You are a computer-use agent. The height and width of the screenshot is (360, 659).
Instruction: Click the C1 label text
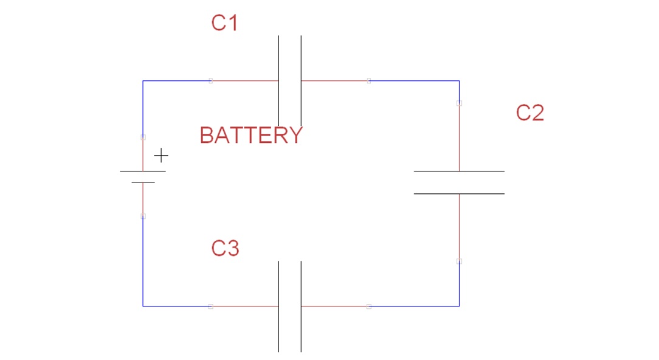(224, 23)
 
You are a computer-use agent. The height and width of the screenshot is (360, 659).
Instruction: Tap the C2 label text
(530, 113)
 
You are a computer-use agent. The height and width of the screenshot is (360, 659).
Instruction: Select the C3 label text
(225, 248)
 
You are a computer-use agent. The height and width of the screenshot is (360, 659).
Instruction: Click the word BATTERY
(251, 135)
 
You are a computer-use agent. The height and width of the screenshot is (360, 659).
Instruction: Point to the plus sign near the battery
(160, 156)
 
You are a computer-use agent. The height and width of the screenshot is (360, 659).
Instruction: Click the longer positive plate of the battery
(143, 171)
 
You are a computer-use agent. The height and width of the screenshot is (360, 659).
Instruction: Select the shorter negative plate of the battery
(143, 182)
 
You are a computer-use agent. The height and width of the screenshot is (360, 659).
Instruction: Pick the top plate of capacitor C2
(459, 171)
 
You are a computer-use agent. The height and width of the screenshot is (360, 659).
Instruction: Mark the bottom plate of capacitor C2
(459, 193)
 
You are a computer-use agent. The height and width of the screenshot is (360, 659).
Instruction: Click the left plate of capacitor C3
(279, 306)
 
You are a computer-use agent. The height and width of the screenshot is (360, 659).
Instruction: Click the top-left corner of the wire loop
(143, 80)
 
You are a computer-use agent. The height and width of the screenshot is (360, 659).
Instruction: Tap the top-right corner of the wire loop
(459, 80)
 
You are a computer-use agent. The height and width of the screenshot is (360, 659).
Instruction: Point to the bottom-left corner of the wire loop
(143, 306)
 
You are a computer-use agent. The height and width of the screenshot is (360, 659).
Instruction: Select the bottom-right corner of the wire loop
(459, 306)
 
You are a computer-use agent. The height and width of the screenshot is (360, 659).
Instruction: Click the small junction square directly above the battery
(143, 137)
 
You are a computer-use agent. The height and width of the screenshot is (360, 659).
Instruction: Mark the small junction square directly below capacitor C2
(459, 261)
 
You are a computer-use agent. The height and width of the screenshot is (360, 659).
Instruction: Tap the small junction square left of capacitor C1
(210, 80)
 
